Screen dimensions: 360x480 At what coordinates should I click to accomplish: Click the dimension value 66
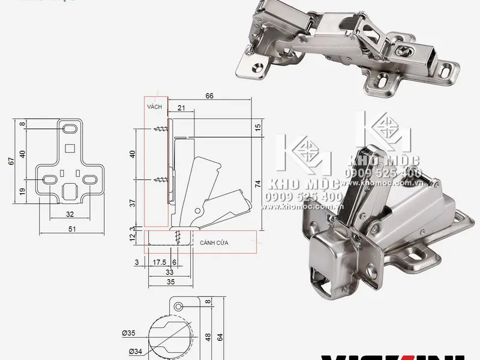click(x=209, y=95)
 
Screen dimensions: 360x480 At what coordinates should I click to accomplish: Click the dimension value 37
click(x=133, y=202)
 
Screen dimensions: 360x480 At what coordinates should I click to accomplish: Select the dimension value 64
click(x=220, y=337)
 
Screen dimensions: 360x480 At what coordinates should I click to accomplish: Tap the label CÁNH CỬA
click(x=214, y=242)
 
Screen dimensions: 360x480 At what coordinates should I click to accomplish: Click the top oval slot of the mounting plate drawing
click(x=69, y=128)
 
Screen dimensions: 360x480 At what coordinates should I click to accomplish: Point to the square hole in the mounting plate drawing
click(x=70, y=146)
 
